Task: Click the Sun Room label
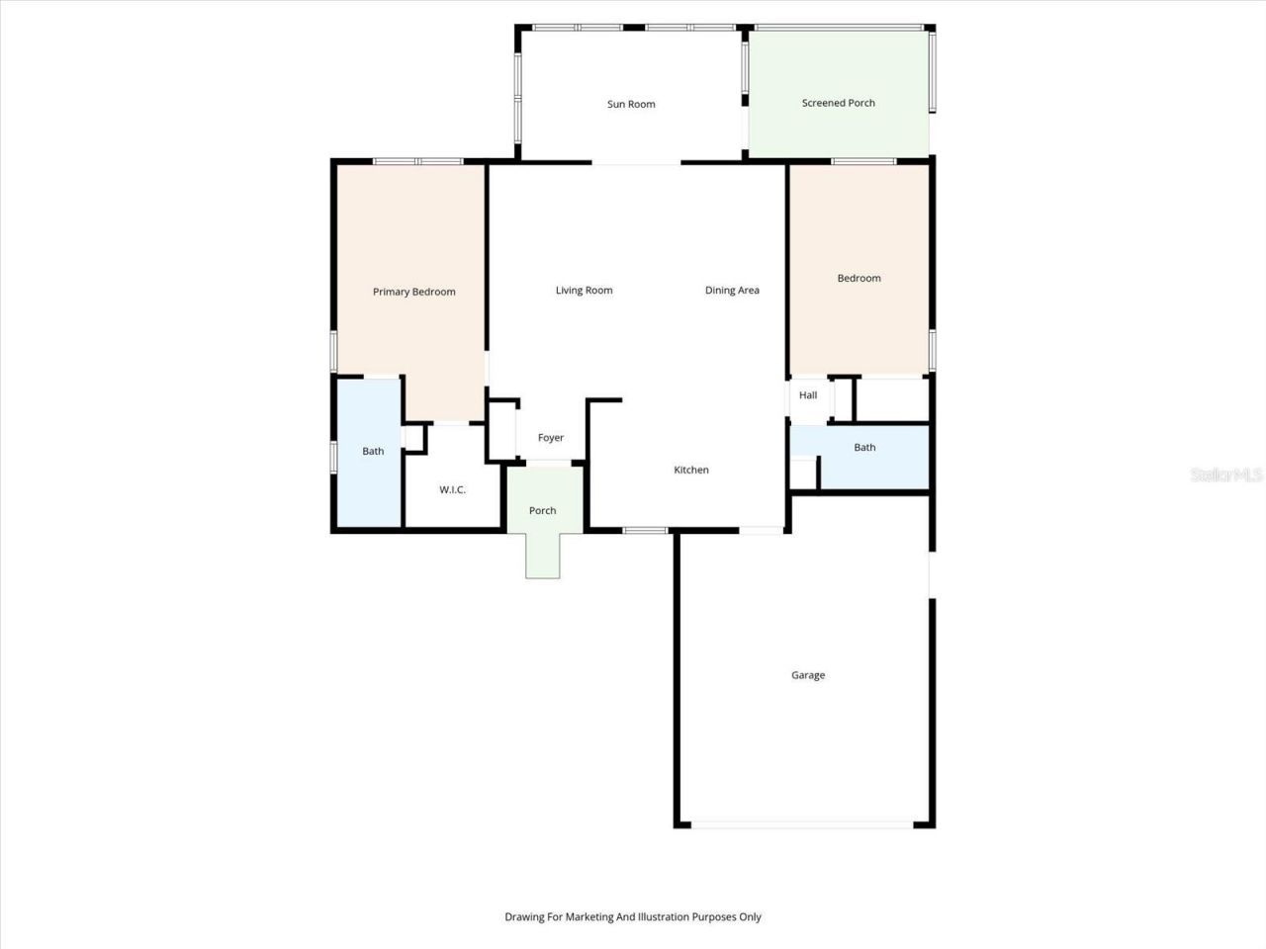coord(631,104)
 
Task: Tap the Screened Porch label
coord(838,103)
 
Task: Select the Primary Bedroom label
coord(413,292)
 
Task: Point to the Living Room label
coord(584,291)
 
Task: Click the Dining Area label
coord(732,291)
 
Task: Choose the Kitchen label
coord(691,470)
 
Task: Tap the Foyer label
coord(551,438)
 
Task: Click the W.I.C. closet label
coord(452,490)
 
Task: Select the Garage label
coord(807,675)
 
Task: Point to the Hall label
coord(808,395)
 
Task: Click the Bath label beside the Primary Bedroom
coord(373,452)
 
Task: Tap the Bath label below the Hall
coord(864,448)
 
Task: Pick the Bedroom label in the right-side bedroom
coord(859,279)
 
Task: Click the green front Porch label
coord(542,511)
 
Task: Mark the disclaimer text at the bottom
coord(633,917)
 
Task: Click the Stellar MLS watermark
coord(1226,475)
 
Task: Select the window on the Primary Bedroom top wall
coord(417,161)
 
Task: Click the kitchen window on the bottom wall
coord(645,531)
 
